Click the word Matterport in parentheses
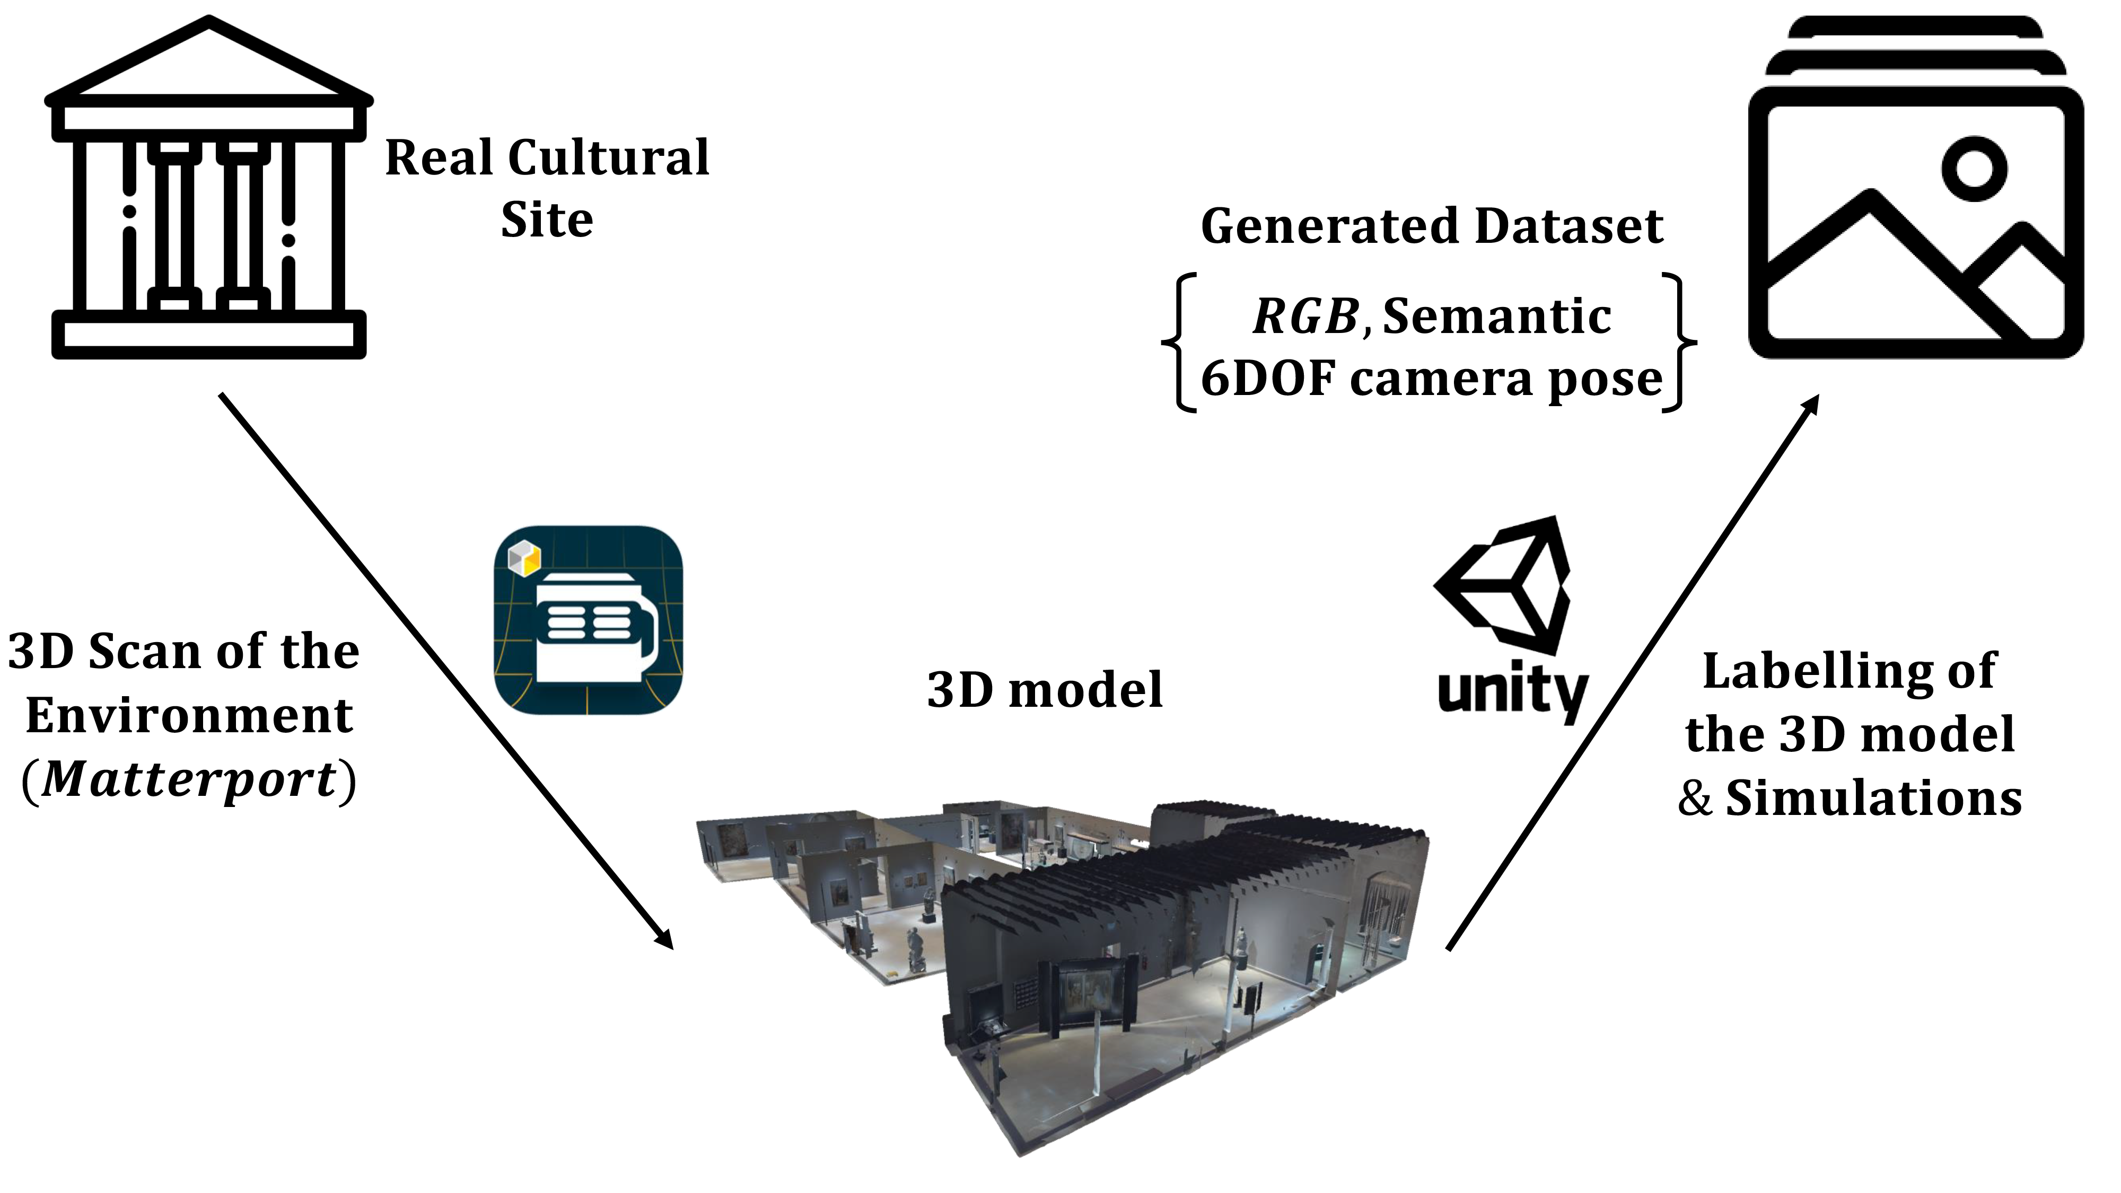[x=189, y=779]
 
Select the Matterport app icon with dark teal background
[x=588, y=619]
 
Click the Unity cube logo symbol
[x=1503, y=582]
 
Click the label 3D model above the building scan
[x=1044, y=690]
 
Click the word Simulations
[x=1873, y=799]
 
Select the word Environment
[x=189, y=715]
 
